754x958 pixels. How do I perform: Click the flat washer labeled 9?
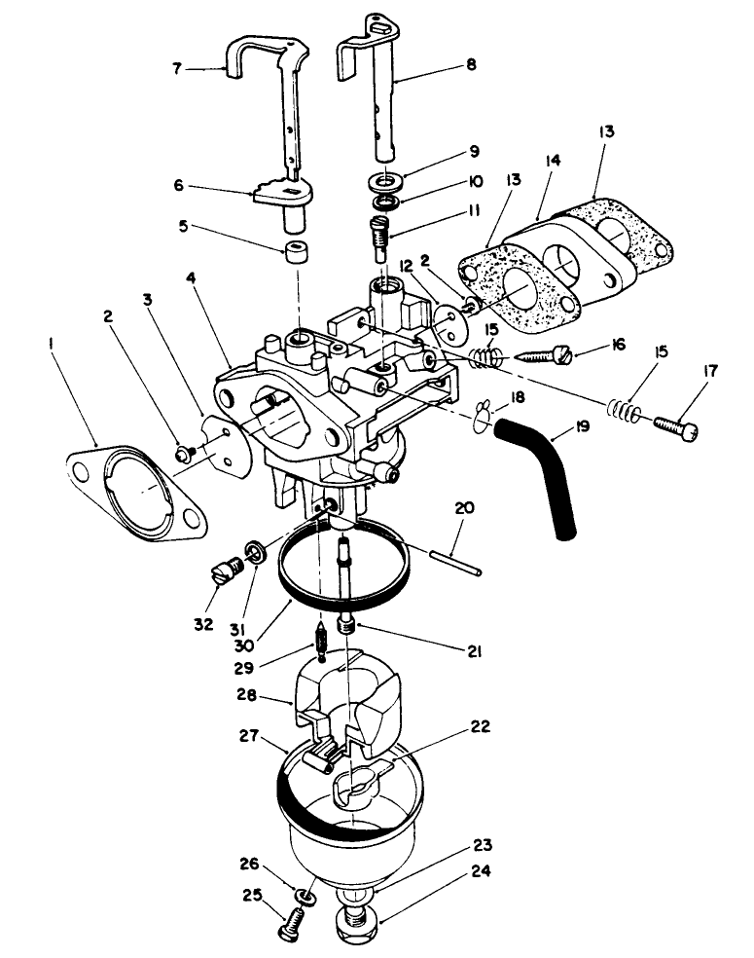[388, 181]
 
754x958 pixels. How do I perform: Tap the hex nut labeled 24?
[358, 920]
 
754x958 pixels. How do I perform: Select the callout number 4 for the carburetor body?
[189, 277]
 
